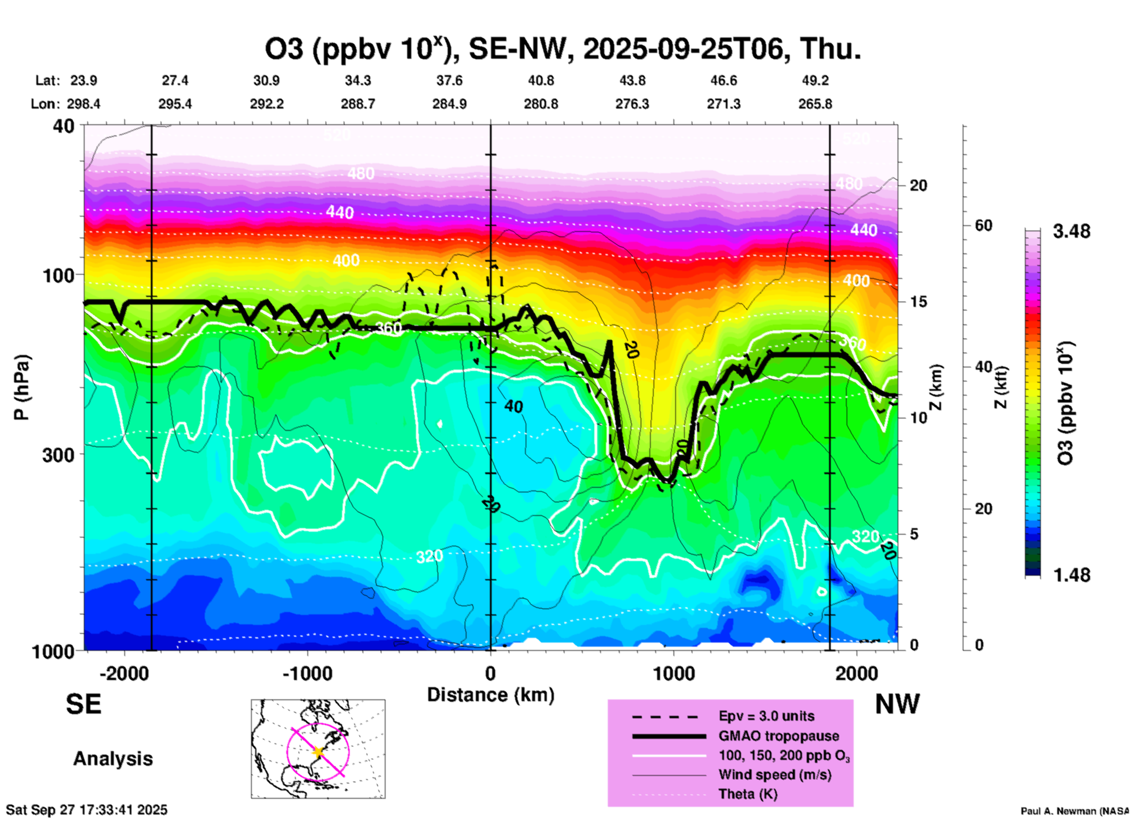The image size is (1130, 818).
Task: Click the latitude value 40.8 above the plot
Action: pos(540,80)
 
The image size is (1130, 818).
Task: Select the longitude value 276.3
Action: pos(632,104)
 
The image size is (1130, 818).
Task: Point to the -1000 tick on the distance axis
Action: pos(307,674)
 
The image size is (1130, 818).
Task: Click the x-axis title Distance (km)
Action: pos(490,695)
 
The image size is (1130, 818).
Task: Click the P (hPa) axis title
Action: pos(22,387)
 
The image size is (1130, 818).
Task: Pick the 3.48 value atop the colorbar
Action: pos(1071,232)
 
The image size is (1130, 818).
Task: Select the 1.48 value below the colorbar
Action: pos(1071,575)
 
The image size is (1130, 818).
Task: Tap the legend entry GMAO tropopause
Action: pos(779,736)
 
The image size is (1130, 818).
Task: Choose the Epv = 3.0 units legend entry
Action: pos(766,716)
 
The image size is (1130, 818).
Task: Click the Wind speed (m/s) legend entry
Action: pos(774,775)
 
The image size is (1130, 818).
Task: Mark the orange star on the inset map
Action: pos(318,752)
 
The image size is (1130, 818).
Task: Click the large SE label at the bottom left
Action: pos(83,704)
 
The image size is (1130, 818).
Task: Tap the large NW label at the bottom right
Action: pos(897,704)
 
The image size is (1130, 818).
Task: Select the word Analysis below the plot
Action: pos(113,759)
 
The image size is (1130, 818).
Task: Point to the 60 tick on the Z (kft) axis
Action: pos(983,225)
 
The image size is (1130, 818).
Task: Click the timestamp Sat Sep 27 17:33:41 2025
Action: pos(87,810)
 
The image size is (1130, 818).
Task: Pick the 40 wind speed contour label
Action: pos(513,407)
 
